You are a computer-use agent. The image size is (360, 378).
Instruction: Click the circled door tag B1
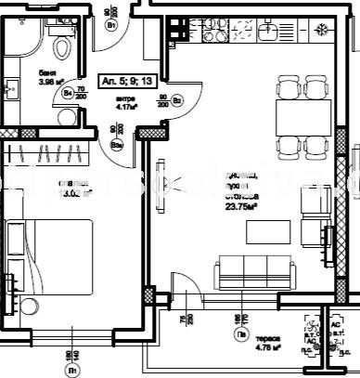tap(111, 26)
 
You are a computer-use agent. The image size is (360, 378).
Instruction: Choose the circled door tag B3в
tap(116, 144)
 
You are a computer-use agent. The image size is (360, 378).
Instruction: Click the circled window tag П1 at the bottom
tap(71, 369)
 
